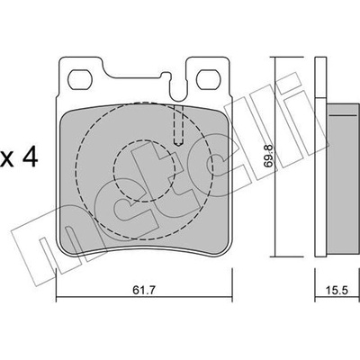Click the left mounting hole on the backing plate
point(79,80)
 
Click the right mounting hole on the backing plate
point(208,80)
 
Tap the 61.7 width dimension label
point(145,291)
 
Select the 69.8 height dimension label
point(269,156)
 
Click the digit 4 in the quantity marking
point(31,157)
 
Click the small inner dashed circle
point(144,170)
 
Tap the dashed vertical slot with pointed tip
point(179,126)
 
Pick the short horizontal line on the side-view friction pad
point(344,115)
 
